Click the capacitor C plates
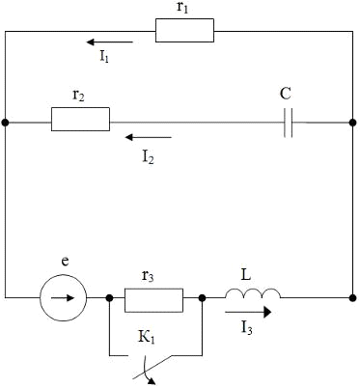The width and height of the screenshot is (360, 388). point(289,123)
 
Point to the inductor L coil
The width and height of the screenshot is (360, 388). point(253,293)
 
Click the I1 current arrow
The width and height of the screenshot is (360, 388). point(109,42)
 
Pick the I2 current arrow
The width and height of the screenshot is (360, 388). point(149,137)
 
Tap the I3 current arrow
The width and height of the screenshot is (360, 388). point(248,312)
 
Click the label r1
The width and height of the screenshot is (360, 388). point(182,7)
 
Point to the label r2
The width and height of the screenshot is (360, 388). point(78,96)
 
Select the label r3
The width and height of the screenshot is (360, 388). point(148,276)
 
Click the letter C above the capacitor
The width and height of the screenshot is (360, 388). point(286,94)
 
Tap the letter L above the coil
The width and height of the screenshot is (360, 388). point(246,275)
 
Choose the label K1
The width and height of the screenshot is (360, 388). point(147,338)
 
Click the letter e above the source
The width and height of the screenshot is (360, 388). point(66,262)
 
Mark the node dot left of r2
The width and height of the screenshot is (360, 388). point(5,123)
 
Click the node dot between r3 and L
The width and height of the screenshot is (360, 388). point(202,298)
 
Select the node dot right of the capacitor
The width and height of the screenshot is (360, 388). point(353,123)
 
